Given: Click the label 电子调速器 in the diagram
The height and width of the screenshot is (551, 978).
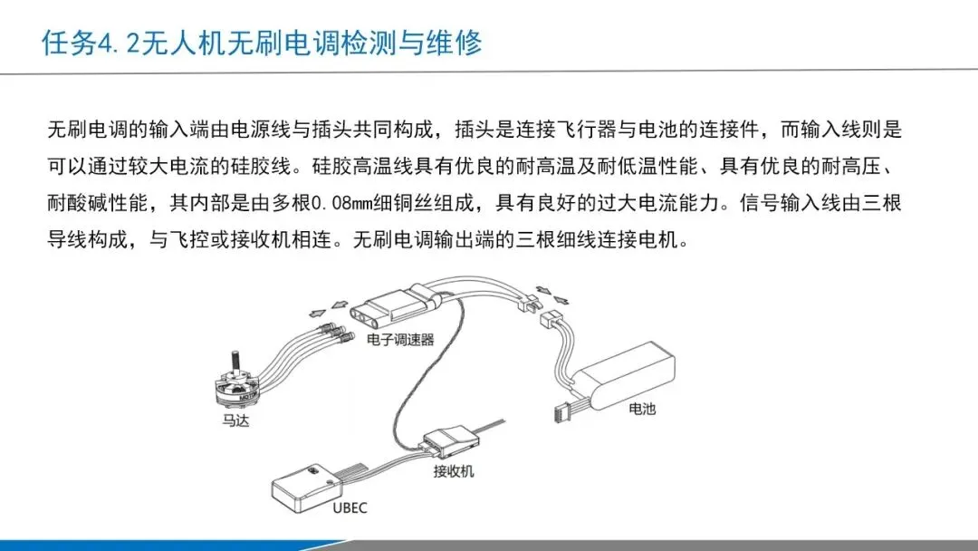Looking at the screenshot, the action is pyautogui.click(x=400, y=340).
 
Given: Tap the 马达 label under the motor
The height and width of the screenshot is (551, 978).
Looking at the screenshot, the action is pyautogui.click(x=235, y=421).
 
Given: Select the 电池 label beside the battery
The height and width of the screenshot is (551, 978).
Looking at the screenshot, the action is pyautogui.click(x=642, y=409).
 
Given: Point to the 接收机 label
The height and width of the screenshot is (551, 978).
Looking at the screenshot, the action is pyautogui.click(x=454, y=471).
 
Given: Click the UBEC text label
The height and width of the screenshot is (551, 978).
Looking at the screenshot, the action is pyautogui.click(x=350, y=507).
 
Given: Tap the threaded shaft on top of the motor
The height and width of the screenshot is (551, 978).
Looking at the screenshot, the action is pyautogui.click(x=235, y=362).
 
